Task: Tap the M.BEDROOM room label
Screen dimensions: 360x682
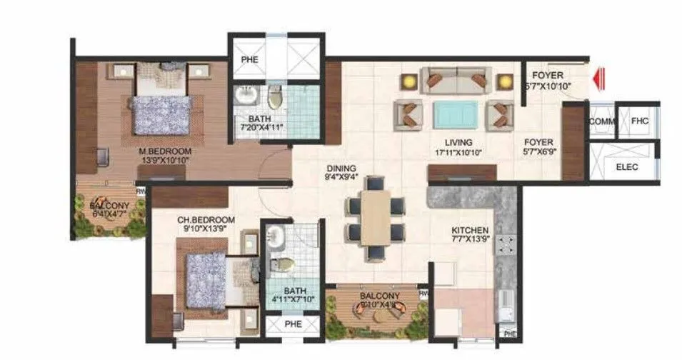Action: click(165, 151)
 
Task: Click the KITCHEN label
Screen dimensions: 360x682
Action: click(469, 231)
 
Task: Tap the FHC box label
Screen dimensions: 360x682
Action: click(638, 121)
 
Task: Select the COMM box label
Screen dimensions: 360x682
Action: click(601, 122)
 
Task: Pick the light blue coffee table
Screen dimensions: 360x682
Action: click(455, 114)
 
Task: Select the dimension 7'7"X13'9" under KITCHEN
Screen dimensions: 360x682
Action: click(470, 240)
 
